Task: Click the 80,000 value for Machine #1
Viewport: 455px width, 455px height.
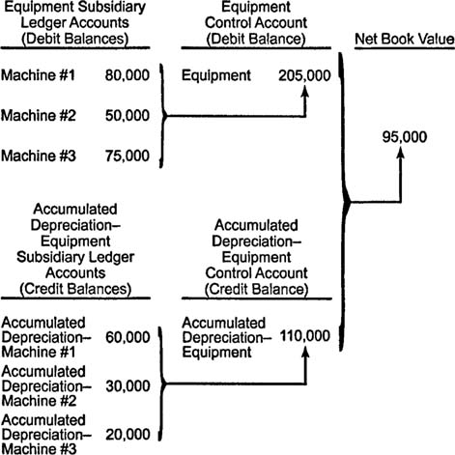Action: click(x=128, y=75)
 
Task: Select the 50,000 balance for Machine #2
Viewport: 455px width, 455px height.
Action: click(x=128, y=116)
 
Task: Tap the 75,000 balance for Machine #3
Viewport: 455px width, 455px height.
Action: click(x=128, y=156)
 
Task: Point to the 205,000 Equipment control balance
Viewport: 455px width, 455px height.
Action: click(x=304, y=75)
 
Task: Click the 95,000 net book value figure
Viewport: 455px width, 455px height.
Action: click(x=405, y=137)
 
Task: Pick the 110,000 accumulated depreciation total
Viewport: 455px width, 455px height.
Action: click(x=305, y=336)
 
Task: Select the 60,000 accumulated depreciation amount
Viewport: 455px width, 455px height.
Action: click(x=128, y=337)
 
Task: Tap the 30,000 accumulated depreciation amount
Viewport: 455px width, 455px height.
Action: click(x=128, y=386)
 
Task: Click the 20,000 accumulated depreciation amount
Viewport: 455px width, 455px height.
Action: click(x=128, y=435)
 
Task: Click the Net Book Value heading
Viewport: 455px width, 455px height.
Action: click(x=405, y=39)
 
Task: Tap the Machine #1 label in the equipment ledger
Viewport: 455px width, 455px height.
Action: click(x=38, y=75)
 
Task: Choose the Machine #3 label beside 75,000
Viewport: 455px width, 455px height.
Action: click(x=39, y=156)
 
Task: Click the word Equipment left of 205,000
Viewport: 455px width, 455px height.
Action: click(x=216, y=75)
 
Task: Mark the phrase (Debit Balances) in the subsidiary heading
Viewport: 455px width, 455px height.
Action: click(x=75, y=39)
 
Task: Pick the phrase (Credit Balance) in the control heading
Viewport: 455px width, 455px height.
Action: click(x=256, y=289)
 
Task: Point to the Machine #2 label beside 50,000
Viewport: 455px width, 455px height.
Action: click(x=39, y=116)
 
